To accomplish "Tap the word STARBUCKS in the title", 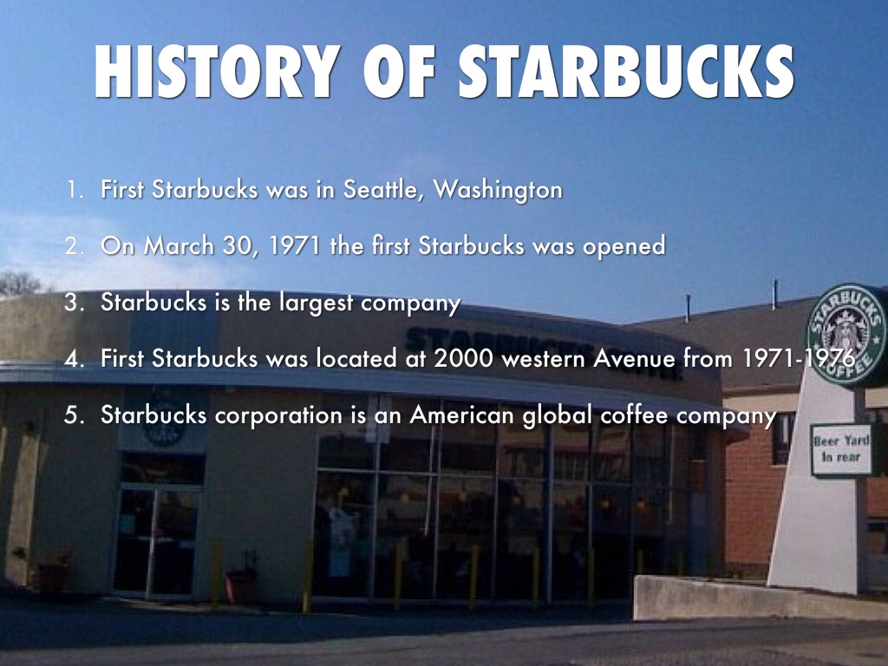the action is [x=626, y=71].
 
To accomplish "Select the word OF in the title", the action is [x=399, y=71].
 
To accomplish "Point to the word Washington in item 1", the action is [x=498, y=190].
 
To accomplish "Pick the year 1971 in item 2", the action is [x=295, y=245].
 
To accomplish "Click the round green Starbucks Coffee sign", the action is [x=847, y=335].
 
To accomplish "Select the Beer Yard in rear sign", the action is [x=841, y=448].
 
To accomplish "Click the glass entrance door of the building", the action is [x=157, y=541].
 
